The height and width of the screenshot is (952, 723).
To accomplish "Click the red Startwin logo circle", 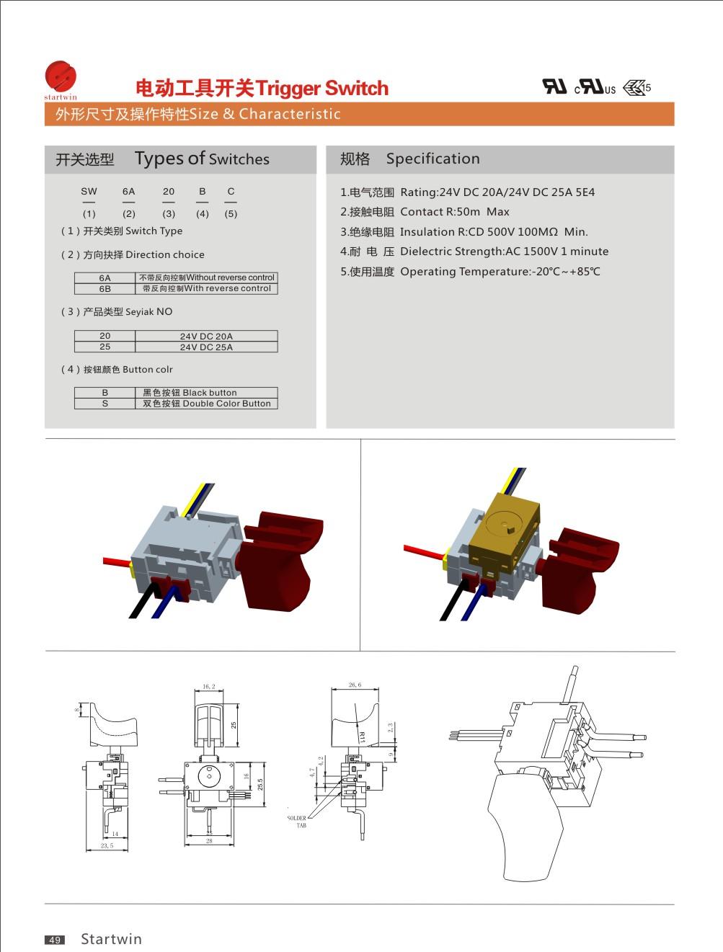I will coord(61,76).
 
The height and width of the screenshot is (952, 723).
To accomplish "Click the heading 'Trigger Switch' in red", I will coord(321,89).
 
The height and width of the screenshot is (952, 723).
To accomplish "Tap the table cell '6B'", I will coord(105,288).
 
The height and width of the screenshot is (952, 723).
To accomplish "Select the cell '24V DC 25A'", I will coord(206,347).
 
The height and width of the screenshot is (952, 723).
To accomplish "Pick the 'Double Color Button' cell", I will coord(206,404).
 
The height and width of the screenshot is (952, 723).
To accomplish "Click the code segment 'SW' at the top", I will coord(89,192).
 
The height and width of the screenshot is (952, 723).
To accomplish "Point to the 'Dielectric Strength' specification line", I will coord(474,252).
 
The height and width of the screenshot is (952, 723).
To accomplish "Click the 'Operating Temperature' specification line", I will coord(470,272).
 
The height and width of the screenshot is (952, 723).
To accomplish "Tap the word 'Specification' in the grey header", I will coord(433,159).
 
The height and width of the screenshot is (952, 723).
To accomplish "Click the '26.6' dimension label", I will coord(355,685).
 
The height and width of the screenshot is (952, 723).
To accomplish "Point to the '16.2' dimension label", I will coord(209,686).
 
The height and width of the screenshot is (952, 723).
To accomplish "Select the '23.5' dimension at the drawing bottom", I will coord(107,845).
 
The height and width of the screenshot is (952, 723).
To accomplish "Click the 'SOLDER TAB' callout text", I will coord(297,822).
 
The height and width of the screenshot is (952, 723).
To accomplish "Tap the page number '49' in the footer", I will coord(55,940).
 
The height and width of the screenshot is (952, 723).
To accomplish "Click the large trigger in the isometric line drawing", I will coord(523,829).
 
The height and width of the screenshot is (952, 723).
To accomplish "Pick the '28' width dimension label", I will coord(209,841).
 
